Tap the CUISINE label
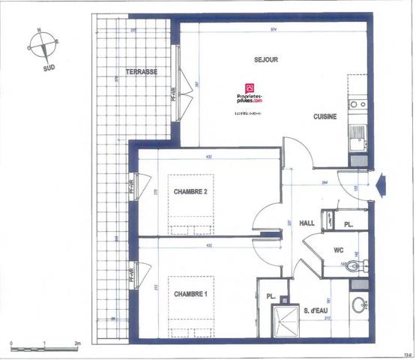pos(325,116)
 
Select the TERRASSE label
pos(142,71)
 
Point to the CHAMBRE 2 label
pos(190,192)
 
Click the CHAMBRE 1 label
pos(190,292)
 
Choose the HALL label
pos(307,223)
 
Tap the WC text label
pos(338,250)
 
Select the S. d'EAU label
pos(319,309)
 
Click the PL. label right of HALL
pos(349,224)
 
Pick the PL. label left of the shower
pos(271,297)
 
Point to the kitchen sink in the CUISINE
pos(357,139)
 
